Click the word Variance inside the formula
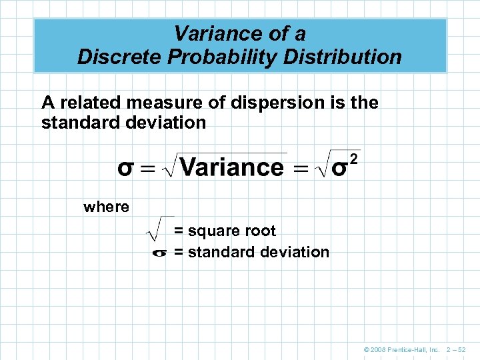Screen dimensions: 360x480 pos(231,167)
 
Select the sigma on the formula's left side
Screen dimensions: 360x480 pos(126,168)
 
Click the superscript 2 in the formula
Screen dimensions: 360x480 pos(354,159)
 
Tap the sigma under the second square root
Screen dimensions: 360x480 pos(339,169)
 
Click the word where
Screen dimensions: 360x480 pos(107,207)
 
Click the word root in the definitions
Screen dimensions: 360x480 pos(260,231)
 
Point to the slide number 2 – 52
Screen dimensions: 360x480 pos(457,349)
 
